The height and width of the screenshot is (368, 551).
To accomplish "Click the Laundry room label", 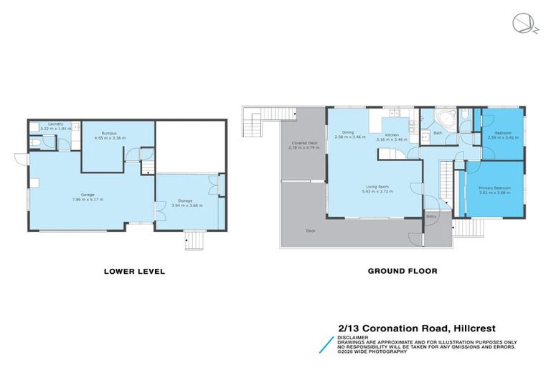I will point(55,124).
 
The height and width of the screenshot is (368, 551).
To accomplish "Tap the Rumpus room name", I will point(109,133).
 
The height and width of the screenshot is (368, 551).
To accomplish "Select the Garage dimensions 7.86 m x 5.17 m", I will point(88,198).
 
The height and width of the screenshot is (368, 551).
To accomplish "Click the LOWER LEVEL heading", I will point(134,272).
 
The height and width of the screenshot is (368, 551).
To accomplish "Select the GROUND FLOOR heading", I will point(402,272).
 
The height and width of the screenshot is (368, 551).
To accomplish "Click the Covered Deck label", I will point(304,143).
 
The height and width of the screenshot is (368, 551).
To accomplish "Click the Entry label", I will point(431,216).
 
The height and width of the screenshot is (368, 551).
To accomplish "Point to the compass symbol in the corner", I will point(522,24).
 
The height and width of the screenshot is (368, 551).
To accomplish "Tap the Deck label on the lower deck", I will point(310,231).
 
